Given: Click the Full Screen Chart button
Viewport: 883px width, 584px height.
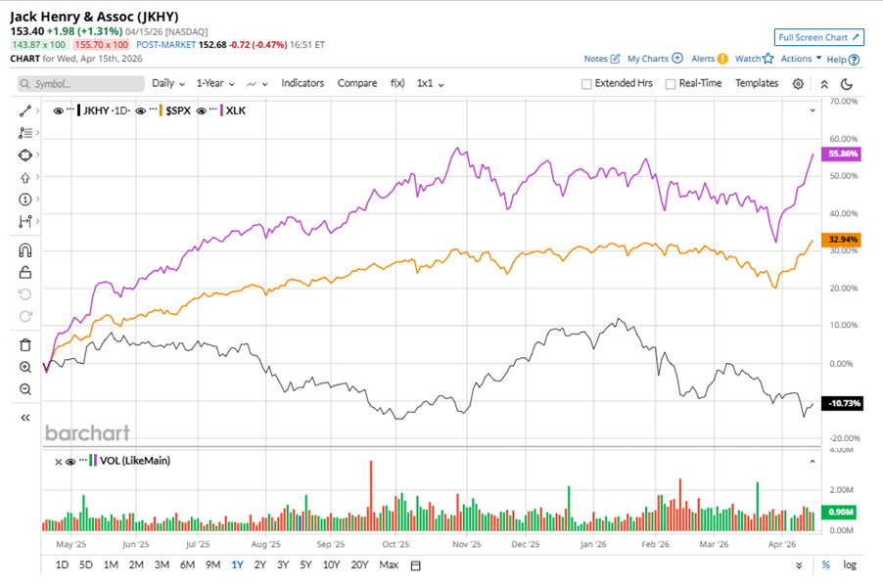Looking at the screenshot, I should [x=818, y=37].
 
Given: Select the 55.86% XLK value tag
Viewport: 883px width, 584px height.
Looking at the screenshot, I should [x=842, y=154].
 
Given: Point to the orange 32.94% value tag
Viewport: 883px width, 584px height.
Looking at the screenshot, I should [x=842, y=239].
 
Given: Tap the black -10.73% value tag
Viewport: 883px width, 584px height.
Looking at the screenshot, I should [x=842, y=403].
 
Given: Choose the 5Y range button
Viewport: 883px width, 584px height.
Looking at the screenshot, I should [x=305, y=564].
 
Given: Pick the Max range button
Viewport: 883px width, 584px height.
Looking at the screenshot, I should [x=389, y=564].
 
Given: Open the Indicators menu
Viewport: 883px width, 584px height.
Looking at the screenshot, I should [x=302, y=83].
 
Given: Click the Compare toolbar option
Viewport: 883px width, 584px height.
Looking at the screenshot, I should [x=357, y=83].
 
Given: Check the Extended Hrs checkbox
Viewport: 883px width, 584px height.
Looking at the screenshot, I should [x=586, y=84].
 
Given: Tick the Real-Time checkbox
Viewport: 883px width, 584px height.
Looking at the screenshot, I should [x=671, y=84].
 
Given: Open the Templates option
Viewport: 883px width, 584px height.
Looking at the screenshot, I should [x=757, y=83].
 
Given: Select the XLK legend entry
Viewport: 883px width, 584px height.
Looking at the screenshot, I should [x=236, y=111].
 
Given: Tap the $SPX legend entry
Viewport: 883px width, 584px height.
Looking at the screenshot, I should [x=175, y=111].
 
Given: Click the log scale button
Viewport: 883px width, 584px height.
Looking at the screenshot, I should [x=849, y=564].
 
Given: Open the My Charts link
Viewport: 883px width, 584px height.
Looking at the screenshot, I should [x=654, y=59].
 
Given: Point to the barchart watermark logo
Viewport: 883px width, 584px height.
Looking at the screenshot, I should [x=87, y=432].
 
